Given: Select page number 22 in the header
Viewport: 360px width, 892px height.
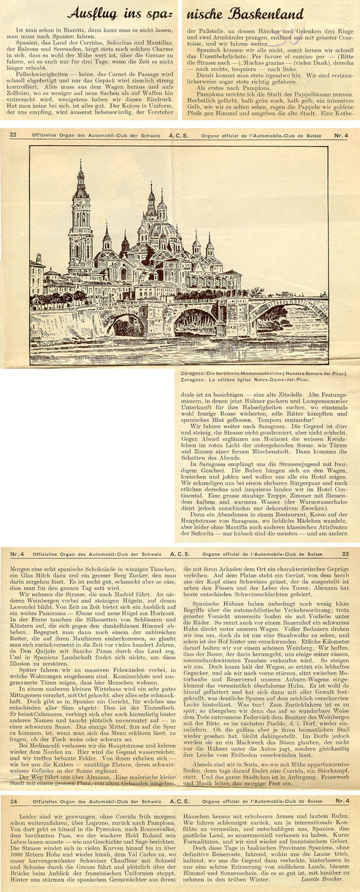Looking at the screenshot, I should point(14,134).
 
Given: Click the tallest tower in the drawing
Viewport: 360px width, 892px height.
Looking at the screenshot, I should point(80,223).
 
